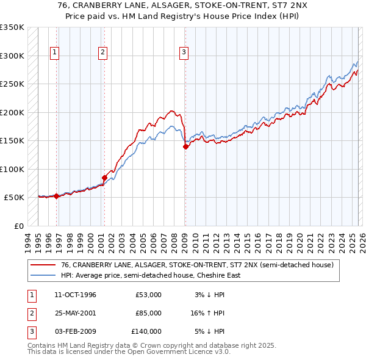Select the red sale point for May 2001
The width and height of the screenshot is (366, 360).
pos(104,178)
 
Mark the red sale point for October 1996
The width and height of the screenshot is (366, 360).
pos(57,196)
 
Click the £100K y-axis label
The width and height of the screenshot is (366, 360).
pos(12,169)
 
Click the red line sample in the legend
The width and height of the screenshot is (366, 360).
pos(43,265)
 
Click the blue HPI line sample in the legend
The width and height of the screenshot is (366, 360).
pos(43,275)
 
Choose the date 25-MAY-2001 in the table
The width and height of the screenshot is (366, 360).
pos(76,313)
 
